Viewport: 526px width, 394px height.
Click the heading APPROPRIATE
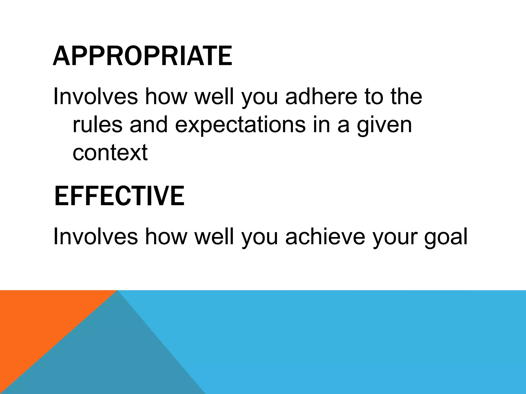142,56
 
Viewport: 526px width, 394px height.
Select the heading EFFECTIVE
119,196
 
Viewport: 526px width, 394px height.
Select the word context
110,153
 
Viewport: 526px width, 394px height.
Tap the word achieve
325,237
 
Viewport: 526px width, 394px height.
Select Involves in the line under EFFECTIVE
95,237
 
